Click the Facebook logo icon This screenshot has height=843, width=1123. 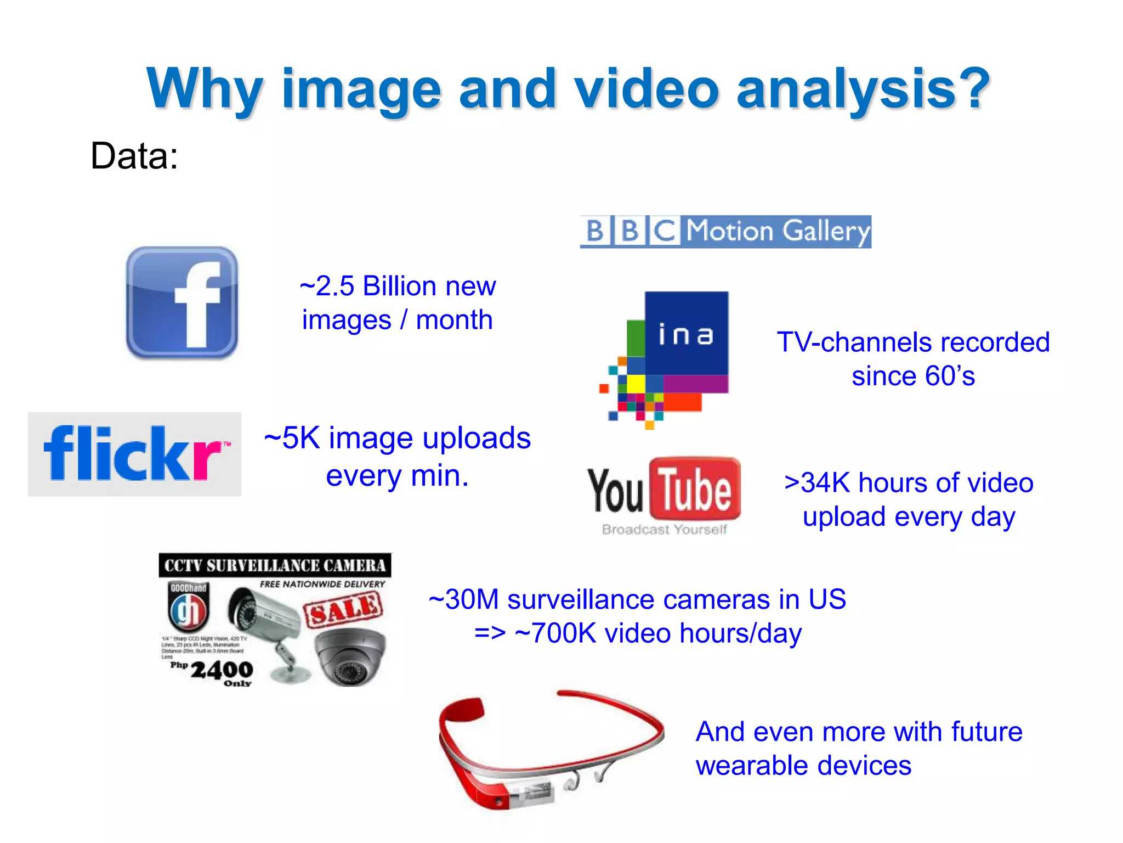point(182,302)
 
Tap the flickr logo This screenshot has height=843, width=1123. point(134,454)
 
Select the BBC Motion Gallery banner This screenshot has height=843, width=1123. point(725,231)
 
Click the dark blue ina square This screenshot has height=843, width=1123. point(687,333)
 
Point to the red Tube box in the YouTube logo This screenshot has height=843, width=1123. point(695,488)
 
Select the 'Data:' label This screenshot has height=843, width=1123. point(134,156)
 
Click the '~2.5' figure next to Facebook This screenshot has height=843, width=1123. point(327,286)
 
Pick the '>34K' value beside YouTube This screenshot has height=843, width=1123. point(817,483)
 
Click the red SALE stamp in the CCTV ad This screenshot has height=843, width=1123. point(343,609)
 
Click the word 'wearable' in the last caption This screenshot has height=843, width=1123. point(755,766)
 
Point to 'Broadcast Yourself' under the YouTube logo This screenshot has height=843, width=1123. point(664,530)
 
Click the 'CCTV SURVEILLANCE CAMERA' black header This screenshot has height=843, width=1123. point(275,565)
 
